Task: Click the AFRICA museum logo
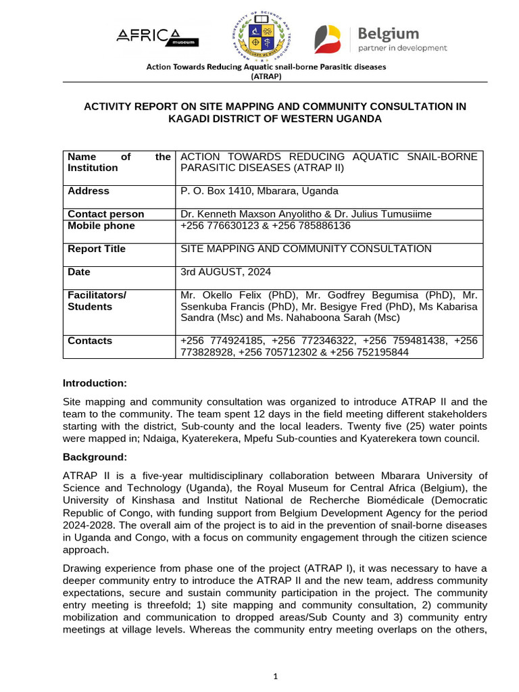pos(158,37)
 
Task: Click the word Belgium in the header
pos(388,34)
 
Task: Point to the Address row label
pos(89,191)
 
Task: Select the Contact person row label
pos(105,214)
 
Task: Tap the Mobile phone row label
pos(101,226)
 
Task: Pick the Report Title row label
pos(96,249)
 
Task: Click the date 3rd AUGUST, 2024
pos(225,272)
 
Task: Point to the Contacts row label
pos(90,341)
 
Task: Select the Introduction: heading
pos(94,383)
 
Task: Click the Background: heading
pos(95,458)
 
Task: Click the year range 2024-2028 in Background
pos(87,525)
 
